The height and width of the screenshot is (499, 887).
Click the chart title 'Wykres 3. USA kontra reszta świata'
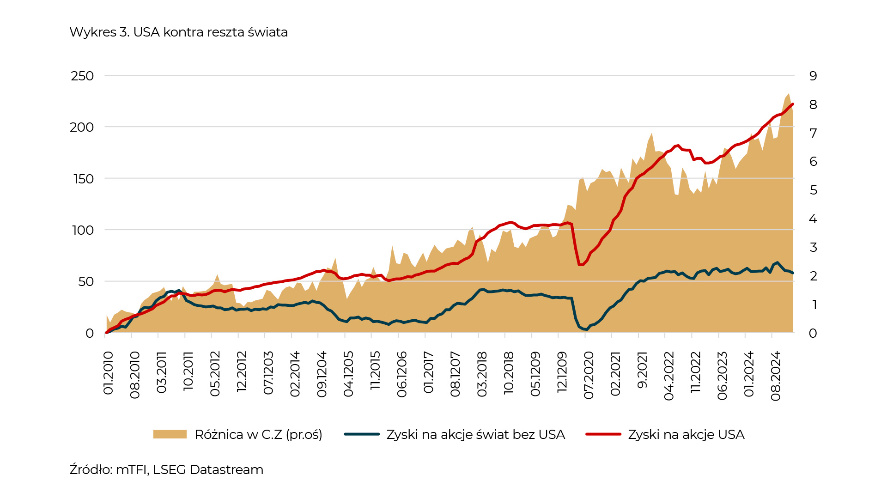tap(178, 32)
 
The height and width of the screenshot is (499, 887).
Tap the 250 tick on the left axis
tap(82, 76)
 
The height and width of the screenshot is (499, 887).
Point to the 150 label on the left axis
tap(83, 179)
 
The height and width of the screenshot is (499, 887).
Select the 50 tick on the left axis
tap(86, 281)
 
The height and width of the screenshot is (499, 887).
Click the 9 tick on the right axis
tap(813, 76)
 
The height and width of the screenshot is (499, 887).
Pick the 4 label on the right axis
tap(813, 219)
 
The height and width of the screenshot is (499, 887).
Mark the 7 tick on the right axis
tap(813, 133)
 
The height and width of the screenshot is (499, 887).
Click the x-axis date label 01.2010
tap(108, 373)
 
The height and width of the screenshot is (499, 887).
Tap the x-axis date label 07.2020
tap(589, 375)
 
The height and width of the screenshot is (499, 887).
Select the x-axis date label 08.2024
tap(776, 376)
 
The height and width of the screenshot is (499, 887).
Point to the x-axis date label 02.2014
tap(295, 374)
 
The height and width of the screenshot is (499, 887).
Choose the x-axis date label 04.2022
tap(669, 376)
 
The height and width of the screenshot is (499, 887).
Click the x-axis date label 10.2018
tap(509, 373)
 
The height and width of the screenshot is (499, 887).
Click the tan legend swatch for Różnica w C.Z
tap(170, 434)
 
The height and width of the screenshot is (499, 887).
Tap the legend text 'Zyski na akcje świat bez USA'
tap(475, 434)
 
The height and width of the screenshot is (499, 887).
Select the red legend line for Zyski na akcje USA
tap(603, 434)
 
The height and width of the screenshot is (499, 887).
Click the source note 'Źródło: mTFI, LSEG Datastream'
tap(166, 469)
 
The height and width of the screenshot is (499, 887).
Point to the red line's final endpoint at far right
tap(793, 104)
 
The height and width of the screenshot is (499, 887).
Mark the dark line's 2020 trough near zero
tap(586, 329)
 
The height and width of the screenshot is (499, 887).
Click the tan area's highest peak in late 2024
tap(789, 93)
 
